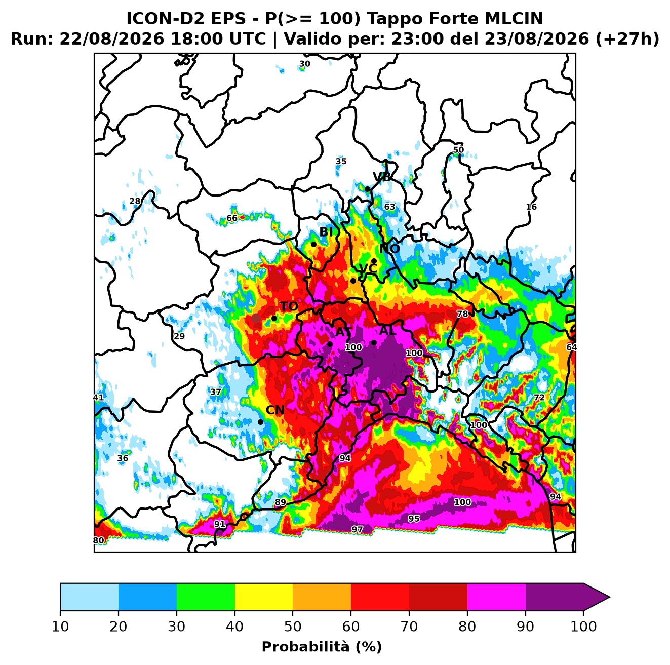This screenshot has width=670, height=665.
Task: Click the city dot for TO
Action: tap(274, 318)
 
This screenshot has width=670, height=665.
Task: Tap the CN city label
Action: tap(275, 410)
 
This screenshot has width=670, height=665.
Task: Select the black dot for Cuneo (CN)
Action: tap(260, 422)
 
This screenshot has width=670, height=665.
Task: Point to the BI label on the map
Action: tap(326, 232)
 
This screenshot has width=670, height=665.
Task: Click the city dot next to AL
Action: tap(374, 342)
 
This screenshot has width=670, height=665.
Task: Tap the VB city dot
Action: tap(367, 189)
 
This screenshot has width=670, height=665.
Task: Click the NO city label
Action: tap(389, 249)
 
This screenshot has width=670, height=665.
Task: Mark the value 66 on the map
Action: tap(232, 218)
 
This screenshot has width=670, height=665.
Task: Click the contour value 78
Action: tap(462, 314)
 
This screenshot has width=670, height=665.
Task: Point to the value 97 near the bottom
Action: tap(357, 529)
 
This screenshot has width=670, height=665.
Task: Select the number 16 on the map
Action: tap(531, 207)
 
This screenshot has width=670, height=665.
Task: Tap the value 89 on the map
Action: tap(280, 502)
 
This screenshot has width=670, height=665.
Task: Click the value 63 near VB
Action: tap(389, 207)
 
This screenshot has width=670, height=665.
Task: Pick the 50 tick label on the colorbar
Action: tap(293, 627)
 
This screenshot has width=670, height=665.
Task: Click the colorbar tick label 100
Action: tap(583, 627)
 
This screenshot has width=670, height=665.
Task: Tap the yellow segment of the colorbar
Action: tap(264, 597)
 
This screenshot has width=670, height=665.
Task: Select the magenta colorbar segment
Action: tap(496, 597)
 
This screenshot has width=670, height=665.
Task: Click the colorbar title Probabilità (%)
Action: tap(322, 647)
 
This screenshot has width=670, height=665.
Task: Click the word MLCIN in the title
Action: tap(514, 18)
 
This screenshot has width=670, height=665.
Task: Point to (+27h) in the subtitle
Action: tap(627, 39)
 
